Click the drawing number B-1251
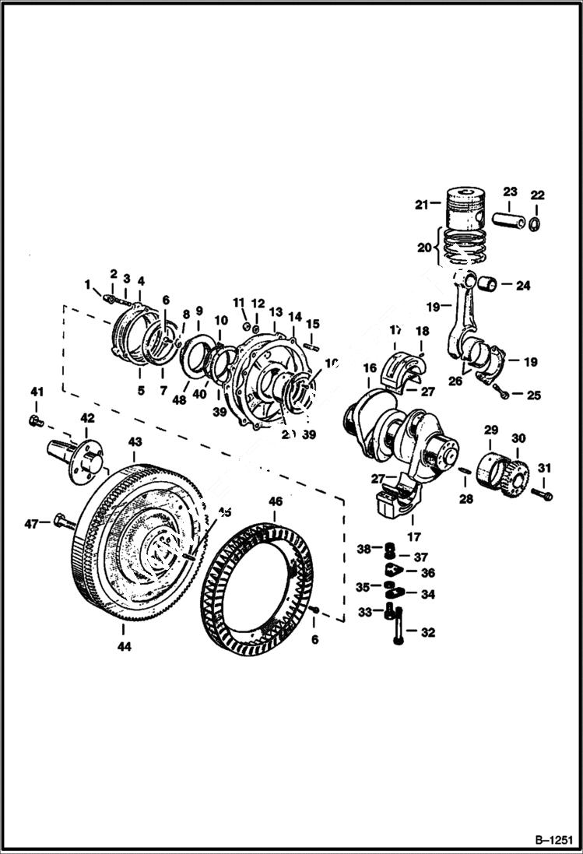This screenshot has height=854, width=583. [553, 840]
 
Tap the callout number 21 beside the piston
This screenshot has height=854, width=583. [421, 205]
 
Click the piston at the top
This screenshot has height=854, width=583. [464, 208]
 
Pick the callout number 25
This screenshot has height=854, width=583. [533, 395]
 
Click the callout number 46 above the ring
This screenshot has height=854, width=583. [276, 502]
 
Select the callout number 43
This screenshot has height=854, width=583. [135, 441]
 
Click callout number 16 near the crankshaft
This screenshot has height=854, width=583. [369, 367]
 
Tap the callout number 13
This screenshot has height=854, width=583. [276, 311]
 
